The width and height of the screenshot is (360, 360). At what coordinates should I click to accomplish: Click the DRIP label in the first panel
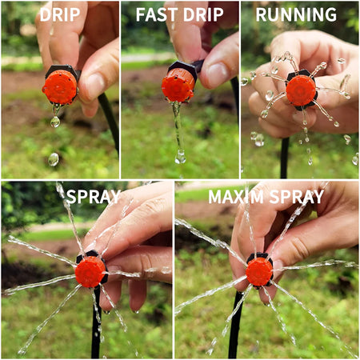[x=59, y=14]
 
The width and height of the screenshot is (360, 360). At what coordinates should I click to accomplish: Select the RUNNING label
[x=296, y=14]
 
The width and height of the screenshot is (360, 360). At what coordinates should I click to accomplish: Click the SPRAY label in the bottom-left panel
[x=94, y=196]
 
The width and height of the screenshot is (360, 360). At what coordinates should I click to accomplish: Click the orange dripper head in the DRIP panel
[x=60, y=86]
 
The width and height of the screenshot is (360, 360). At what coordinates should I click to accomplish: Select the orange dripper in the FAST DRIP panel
[x=178, y=86]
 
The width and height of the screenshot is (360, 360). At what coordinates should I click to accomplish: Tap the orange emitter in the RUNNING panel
[x=301, y=90]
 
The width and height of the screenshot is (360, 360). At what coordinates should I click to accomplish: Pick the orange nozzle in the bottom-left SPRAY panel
[x=90, y=272]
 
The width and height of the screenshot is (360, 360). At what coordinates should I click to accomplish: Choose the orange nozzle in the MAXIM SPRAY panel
[x=259, y=271]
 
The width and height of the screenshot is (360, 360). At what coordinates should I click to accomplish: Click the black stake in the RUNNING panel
[x=284, y=156]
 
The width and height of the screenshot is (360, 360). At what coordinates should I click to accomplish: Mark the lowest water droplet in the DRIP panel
[x=53, y=159]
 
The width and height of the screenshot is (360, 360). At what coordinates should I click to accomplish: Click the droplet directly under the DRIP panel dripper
[x=55, y=122]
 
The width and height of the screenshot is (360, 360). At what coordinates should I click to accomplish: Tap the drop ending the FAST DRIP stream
[x=181, y=157]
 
